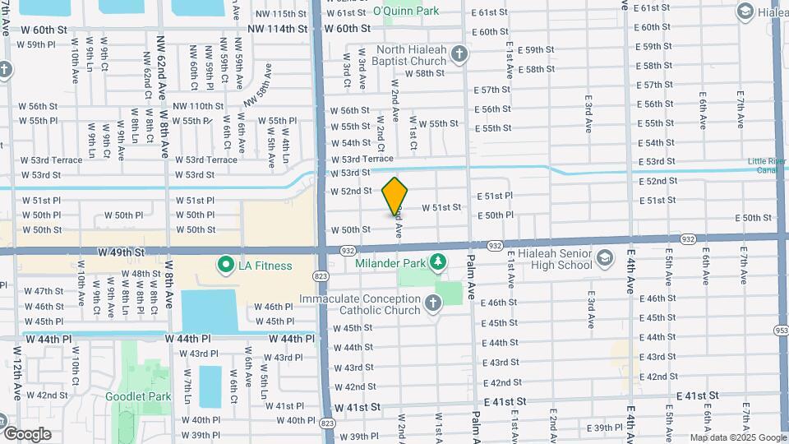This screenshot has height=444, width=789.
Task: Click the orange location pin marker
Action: point(395,197)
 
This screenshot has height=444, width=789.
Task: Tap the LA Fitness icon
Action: point(224,265)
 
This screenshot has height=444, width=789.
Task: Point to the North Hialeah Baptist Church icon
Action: point(459,55)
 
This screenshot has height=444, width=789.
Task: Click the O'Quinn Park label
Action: point(406,11)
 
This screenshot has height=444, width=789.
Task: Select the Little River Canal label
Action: point(768,165)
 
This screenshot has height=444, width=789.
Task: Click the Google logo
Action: point(27,433)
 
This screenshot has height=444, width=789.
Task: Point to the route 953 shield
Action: point(780,330)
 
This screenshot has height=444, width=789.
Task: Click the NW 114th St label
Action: point(281,28)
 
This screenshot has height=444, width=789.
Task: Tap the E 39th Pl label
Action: point(608,428)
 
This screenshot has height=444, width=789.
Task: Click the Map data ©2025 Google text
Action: point(737,437)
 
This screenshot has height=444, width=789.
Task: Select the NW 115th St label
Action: point(281,14)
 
